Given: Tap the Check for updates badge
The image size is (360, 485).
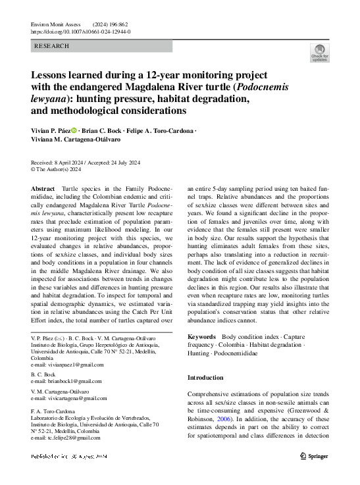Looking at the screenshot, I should click(319, 54).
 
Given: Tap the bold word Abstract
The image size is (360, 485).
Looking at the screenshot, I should click(43, 188).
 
